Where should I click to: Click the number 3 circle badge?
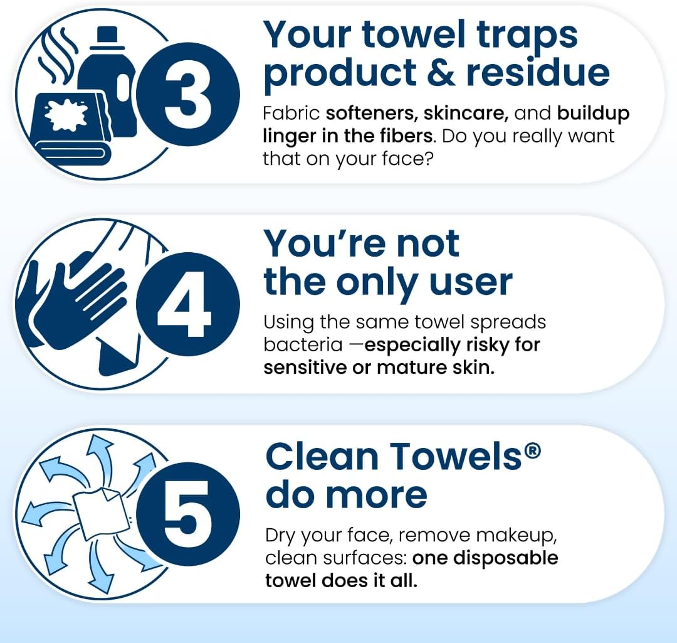(x=188, y=94)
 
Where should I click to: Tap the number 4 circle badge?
(x=188, y=304)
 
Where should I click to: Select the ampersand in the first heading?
(x=441, y=72)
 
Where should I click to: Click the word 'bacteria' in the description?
(x=303, y=345)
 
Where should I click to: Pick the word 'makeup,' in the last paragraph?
(x=517, y=536)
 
